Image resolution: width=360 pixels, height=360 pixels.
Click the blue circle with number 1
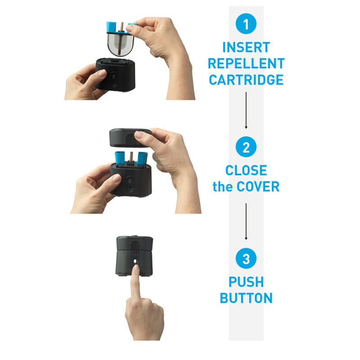[246, 24]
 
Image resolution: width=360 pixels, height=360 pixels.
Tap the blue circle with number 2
[246, 147]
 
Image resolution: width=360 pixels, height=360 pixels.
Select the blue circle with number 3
[246, 258]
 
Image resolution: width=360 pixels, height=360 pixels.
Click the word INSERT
[246, 47]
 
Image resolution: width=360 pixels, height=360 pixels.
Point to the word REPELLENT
[246, 63]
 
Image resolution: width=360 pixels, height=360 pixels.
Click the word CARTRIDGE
[246, 80]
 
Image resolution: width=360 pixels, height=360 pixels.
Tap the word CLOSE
[246, 170]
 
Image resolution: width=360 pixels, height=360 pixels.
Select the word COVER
[258, 186]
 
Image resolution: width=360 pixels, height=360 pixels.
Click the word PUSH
[246, 282]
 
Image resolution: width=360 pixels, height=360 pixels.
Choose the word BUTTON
[246, 298]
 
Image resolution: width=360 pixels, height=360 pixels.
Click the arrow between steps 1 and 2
[246, 110]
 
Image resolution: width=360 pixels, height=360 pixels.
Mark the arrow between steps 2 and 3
[246, 221]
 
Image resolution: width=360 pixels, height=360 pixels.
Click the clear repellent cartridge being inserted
[120, 42]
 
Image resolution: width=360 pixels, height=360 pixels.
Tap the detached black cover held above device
[130, 138]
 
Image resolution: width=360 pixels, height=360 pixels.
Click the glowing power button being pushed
[135, 261]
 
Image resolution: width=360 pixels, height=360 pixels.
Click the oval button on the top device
[113, 78]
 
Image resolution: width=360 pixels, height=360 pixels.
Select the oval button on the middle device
[130, 182]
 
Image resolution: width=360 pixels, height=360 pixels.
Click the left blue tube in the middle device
[120, 157]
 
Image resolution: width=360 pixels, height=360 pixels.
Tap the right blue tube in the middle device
[142, 157]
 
